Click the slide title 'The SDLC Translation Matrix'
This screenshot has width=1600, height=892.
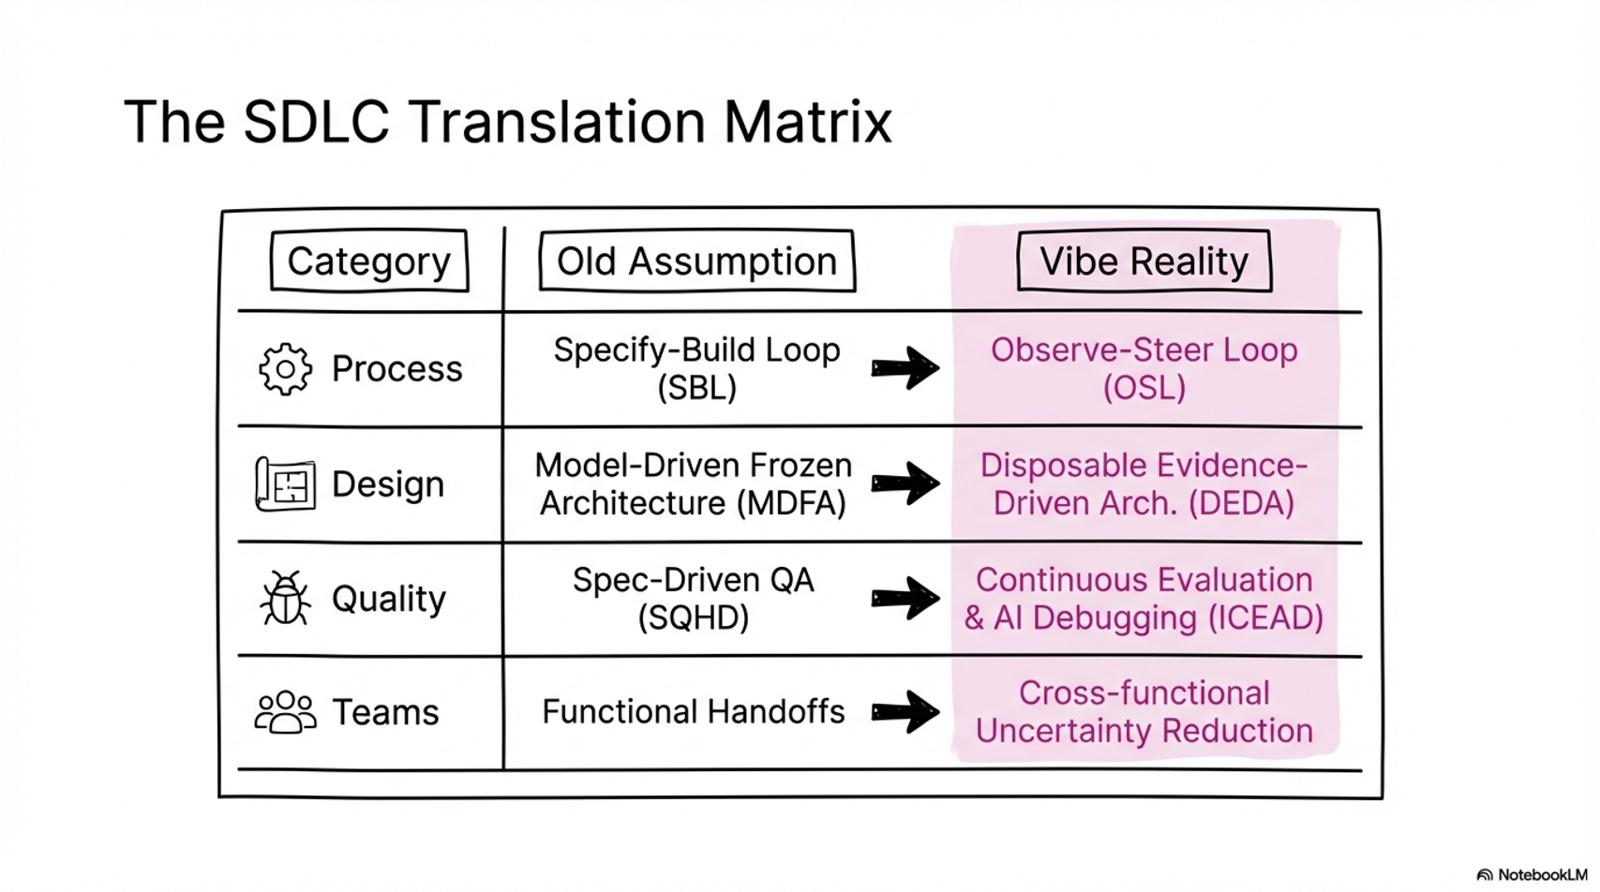click(507, 122)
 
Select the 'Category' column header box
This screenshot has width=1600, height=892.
click(368, 261)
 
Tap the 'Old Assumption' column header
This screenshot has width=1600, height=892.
click(696, 261)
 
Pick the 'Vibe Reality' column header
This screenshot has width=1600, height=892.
click(1144, 261)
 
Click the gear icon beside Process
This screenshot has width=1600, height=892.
click(285, 369)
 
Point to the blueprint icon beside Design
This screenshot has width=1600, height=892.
click(285, 484)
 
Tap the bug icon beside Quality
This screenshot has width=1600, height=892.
click(285, 599)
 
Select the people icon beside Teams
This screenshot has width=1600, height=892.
click(285, 712)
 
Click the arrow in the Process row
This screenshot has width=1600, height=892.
click(905, 368)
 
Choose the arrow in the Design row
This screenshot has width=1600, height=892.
click(905, 483)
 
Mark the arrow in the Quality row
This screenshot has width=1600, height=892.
click(905, 599)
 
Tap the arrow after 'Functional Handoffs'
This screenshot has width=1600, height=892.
click(905, 712)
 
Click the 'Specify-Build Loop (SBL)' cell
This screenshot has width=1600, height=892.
click(696, 368)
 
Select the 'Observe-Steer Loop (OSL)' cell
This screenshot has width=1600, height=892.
click(1144, 368)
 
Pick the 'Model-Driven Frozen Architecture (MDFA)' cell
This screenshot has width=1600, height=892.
click(694, 484)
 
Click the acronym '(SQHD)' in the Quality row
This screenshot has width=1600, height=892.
click(694, 618)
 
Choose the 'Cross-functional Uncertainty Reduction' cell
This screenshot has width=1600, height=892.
click(1144, 712)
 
